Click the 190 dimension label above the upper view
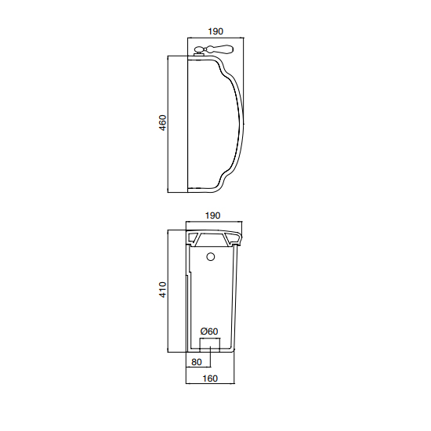[215, 31]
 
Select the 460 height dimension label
[163, 122]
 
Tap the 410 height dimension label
[163, 290]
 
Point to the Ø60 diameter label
[209, 331]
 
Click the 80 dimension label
[197, 362]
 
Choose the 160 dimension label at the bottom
[210, 378]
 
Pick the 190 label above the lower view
[212, 215]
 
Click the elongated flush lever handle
[219, 49]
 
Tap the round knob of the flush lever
[199, 49]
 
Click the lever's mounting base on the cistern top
[199, 55]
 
